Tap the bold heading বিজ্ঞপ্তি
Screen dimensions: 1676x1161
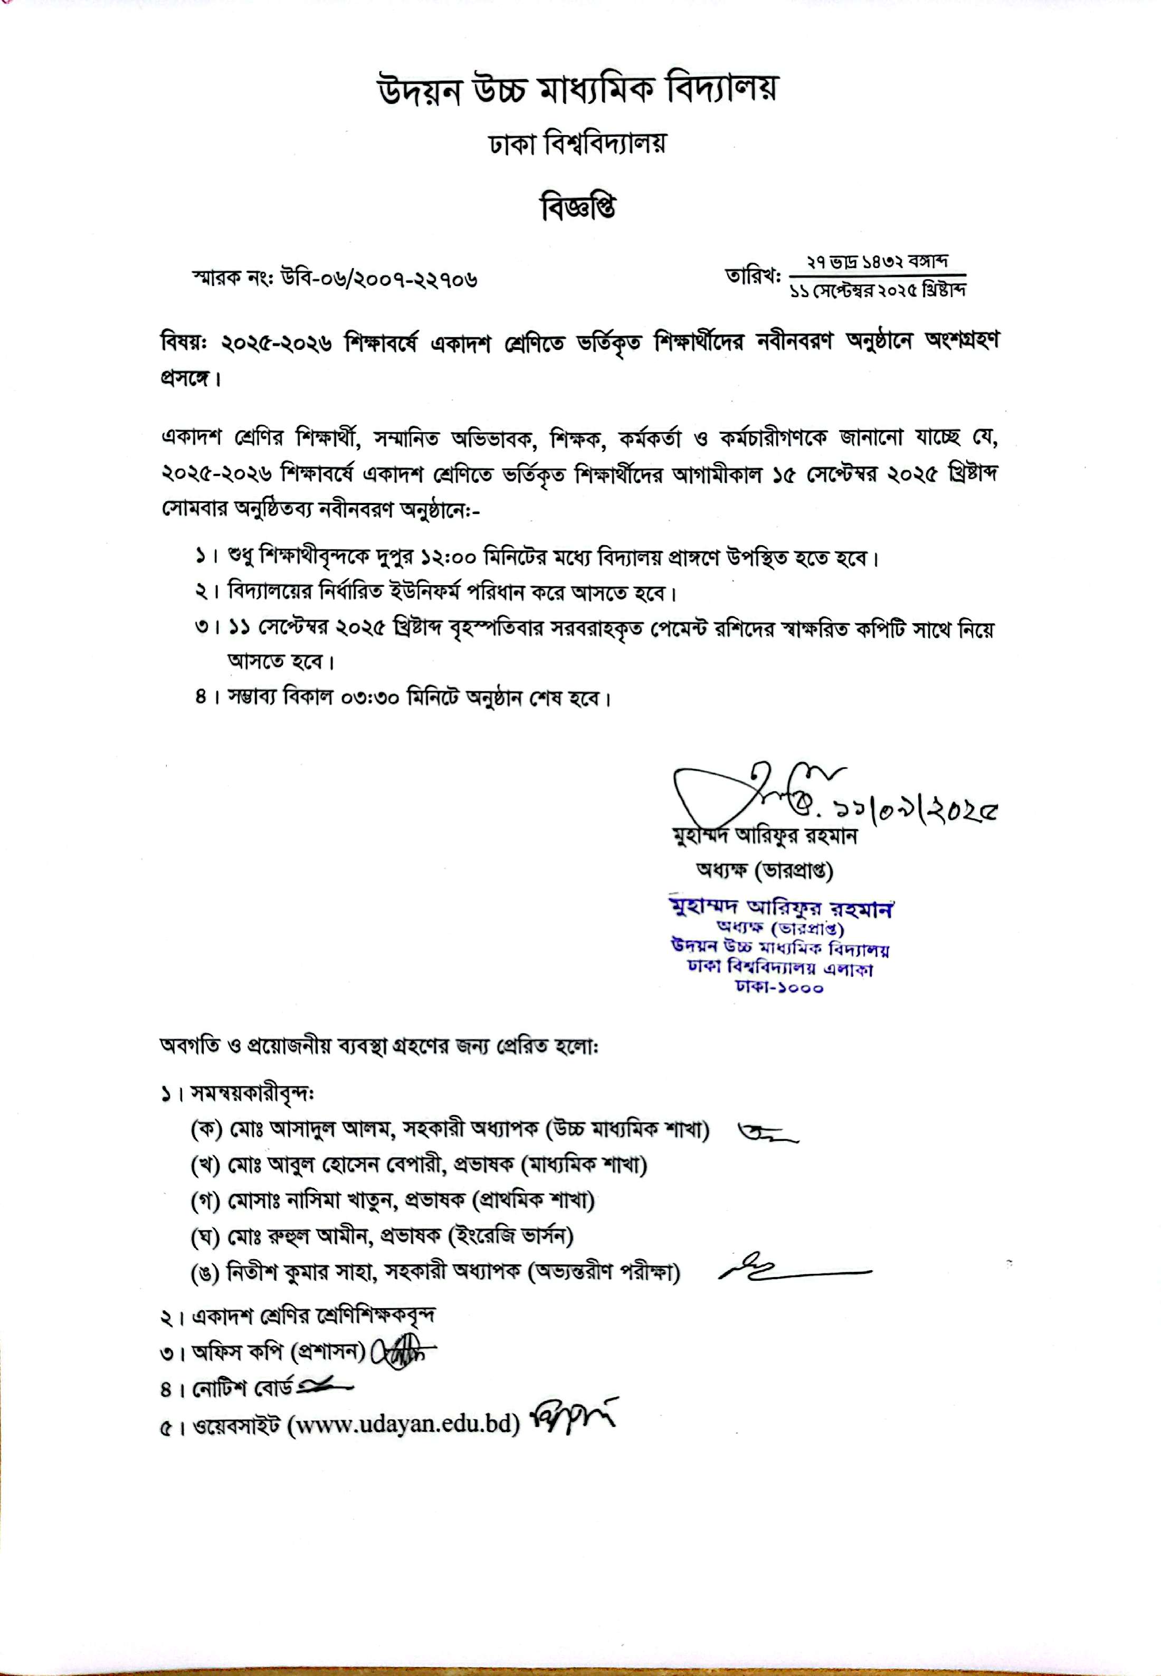(579, 209)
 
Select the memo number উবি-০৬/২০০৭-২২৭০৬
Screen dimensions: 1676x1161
(378, 279)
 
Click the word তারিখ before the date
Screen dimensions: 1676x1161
(751, 277)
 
